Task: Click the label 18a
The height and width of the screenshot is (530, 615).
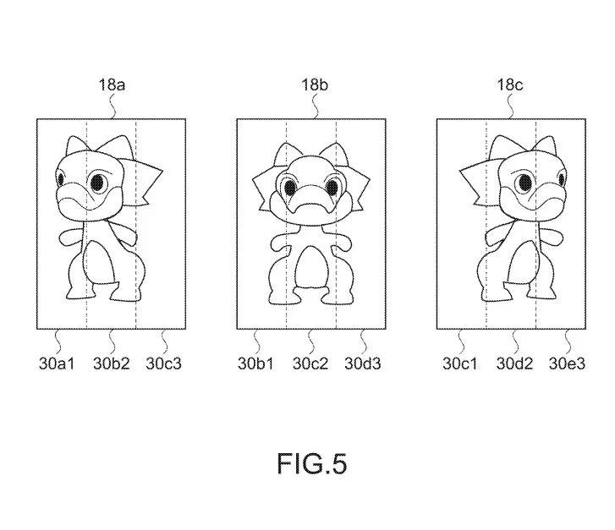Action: pos(112,85)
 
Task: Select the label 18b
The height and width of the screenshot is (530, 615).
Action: pos(315,85)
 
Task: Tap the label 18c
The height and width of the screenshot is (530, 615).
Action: pos(510,85)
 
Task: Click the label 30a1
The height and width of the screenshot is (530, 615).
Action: pos(57,363)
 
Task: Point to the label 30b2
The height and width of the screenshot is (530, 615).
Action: pos(112,363)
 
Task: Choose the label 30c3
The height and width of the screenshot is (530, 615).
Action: pos(164,363)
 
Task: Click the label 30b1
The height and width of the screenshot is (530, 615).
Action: pos(255,363)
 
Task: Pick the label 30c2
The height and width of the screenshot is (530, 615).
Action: pos(310,363)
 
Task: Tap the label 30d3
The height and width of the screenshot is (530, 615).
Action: pos(363,363)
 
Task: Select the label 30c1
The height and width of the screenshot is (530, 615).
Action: pos(460,363)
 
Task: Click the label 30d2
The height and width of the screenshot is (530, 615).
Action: pos(514,363)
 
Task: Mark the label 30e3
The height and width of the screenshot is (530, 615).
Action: pos(567,363)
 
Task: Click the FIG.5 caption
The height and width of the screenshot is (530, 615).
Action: pos(312,464)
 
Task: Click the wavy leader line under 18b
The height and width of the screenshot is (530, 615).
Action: pos(315,107)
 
